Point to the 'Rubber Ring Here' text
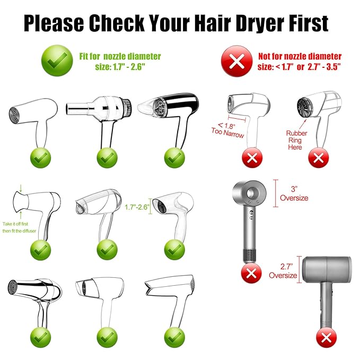point(295,140)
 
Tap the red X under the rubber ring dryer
point(319,156)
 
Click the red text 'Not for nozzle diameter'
point(300,56)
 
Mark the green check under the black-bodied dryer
point(172,156)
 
